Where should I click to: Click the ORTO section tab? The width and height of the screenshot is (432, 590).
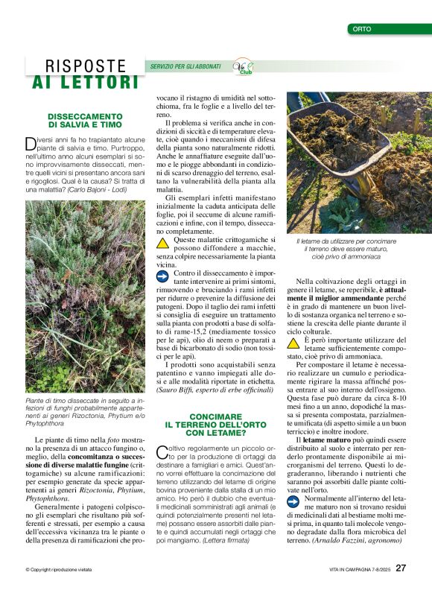point(363,29)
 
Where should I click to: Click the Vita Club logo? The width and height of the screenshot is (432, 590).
point(243,66)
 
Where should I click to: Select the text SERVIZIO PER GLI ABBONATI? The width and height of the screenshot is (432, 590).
point(185,66)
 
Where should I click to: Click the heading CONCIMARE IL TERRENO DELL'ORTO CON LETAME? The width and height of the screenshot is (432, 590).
point(215,425)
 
